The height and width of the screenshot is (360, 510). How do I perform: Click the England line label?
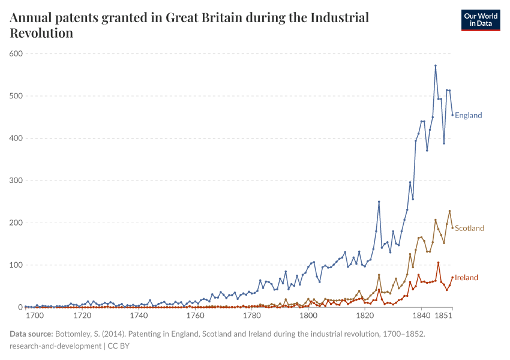(468, 115)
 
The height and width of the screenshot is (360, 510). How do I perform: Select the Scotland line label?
(469, 228)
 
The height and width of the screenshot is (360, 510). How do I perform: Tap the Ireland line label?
(466, 277)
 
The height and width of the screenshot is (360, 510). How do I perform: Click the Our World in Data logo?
(480, 20)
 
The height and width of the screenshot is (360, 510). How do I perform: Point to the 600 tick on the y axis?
(16, 53)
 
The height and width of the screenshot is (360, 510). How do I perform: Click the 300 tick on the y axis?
(16, 181)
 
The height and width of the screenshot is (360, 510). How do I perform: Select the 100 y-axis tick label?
(16, 265)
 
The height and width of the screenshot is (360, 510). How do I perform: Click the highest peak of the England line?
(436, 65)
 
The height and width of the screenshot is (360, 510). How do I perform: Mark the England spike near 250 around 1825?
(379, 202)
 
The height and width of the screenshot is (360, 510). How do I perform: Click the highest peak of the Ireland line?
(438, 262)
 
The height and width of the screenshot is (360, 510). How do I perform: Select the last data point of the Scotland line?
(452, 227)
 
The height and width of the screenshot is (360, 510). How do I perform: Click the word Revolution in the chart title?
(41, 33)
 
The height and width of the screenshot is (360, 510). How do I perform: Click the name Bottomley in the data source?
(76, 334)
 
